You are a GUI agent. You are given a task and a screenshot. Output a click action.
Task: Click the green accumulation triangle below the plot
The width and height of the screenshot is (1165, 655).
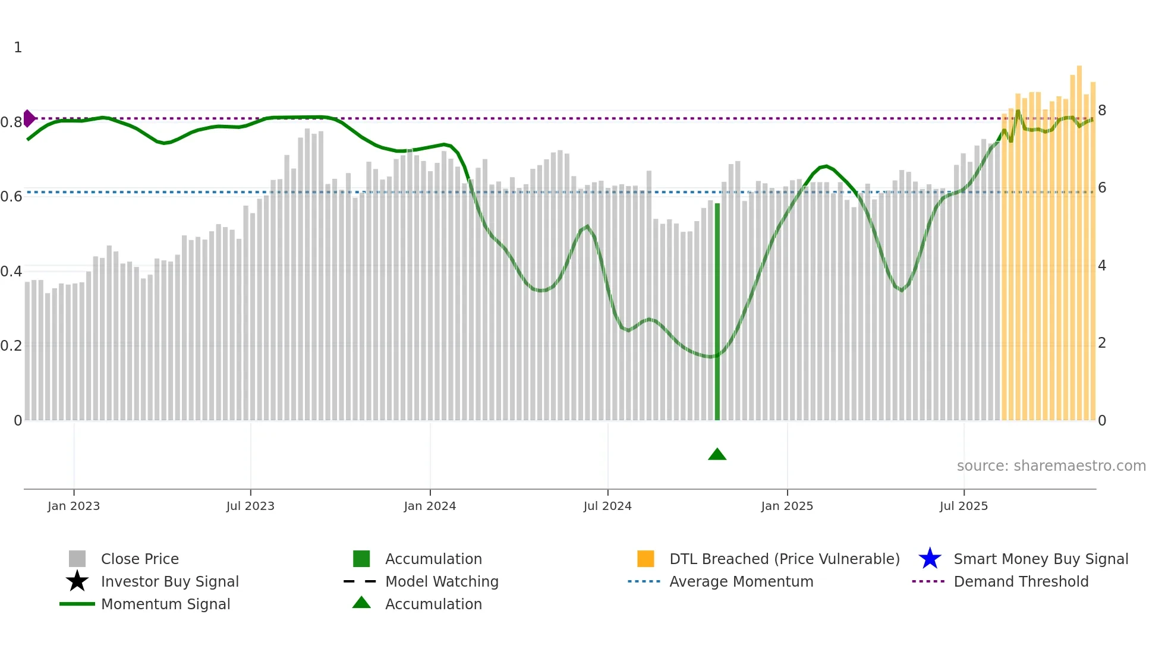pyautogui.click(x=717, y=455)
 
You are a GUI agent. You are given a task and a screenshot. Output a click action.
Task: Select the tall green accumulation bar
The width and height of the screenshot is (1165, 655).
pyautogui.click(x=717, y=311)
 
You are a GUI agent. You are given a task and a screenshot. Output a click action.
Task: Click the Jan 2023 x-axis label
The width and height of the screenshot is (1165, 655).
pyautogui.click(x=74, y=506)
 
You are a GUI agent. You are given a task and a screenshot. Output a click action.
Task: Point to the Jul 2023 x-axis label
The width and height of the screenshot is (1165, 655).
pyautogui.click(x=250, y=506)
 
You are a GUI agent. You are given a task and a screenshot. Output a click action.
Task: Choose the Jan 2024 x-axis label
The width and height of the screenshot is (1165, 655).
pyautogui.click(x=430, y=506)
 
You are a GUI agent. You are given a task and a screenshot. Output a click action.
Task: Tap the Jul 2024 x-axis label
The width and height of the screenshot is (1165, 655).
pyautogui.click(x=607, y=506)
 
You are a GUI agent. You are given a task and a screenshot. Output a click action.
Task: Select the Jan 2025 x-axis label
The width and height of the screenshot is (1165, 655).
pyautogui.click(x=787, y=506)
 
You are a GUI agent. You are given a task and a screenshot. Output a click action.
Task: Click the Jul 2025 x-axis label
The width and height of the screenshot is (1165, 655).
pyautogui.click(x=964, y=506)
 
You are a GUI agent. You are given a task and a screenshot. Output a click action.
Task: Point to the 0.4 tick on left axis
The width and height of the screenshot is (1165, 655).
pyautogui.click(x=11, y=272)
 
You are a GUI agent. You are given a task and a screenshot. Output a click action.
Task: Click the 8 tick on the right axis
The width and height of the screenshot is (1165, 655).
pyautogui.click(x=1102, y=111)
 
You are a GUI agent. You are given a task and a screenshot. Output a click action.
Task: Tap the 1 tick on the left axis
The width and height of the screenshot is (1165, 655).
pyautogui.click(x=18, y=48)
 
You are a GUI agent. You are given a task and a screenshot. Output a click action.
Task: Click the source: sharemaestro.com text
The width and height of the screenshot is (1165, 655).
pyautogui.click(x=1051, y=466)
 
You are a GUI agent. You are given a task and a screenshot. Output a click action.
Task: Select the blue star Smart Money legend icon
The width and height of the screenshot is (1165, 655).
pyautogui.click(x=930, y=559)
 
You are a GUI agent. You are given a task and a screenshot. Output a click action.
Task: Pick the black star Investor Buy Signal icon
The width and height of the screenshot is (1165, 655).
pyautogui.click(x=77, y=581)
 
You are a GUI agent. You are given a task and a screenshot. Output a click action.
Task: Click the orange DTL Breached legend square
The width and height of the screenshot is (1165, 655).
pyautogui.click(x=646, y=559)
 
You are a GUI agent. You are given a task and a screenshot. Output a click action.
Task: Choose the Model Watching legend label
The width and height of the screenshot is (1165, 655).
pyautogui.click(x=442, y=581)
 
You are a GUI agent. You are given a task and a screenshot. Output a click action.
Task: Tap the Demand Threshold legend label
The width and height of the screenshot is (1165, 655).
pyautogui.click(x=1021, y=581)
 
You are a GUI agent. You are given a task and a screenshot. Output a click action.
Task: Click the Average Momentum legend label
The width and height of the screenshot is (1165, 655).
pyautogui.click(x=741, y=581)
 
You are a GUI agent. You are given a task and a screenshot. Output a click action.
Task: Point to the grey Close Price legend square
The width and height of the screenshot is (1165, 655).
pyautogui.click(x=77, y=559)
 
